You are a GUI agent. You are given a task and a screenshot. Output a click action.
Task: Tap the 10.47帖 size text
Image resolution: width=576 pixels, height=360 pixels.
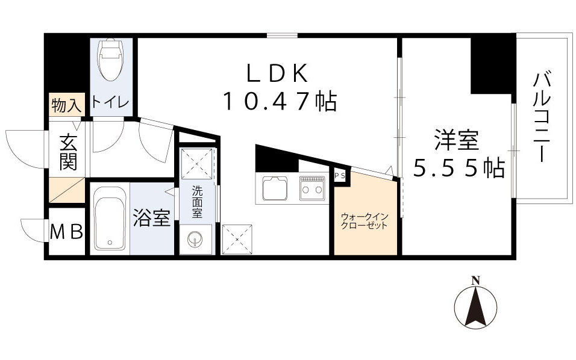click(x=279, y=101)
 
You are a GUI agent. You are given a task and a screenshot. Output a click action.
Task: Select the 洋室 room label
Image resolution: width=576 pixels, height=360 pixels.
click(x=457, y=141)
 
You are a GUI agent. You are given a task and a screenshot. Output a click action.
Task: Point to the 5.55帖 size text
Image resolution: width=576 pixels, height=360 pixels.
click(x=458, y=170)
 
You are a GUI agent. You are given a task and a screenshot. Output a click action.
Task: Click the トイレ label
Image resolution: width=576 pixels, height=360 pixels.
click(x=110, y=104)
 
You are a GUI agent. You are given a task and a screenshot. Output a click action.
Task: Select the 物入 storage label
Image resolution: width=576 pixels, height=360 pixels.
click(x=65, y=107)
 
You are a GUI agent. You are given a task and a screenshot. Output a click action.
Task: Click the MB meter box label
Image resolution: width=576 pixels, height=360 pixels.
click(x=66, y=232)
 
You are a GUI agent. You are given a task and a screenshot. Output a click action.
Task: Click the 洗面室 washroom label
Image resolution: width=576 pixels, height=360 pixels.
click(x=197, y=202)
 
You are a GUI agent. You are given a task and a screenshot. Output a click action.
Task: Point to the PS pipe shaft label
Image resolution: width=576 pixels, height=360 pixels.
click(x=339, y=176)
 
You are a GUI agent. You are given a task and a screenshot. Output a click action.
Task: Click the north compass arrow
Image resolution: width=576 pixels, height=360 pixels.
click(x=475, y=304)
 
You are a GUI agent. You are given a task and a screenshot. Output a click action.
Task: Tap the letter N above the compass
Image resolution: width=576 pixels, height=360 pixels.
click(x=475, y=280)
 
